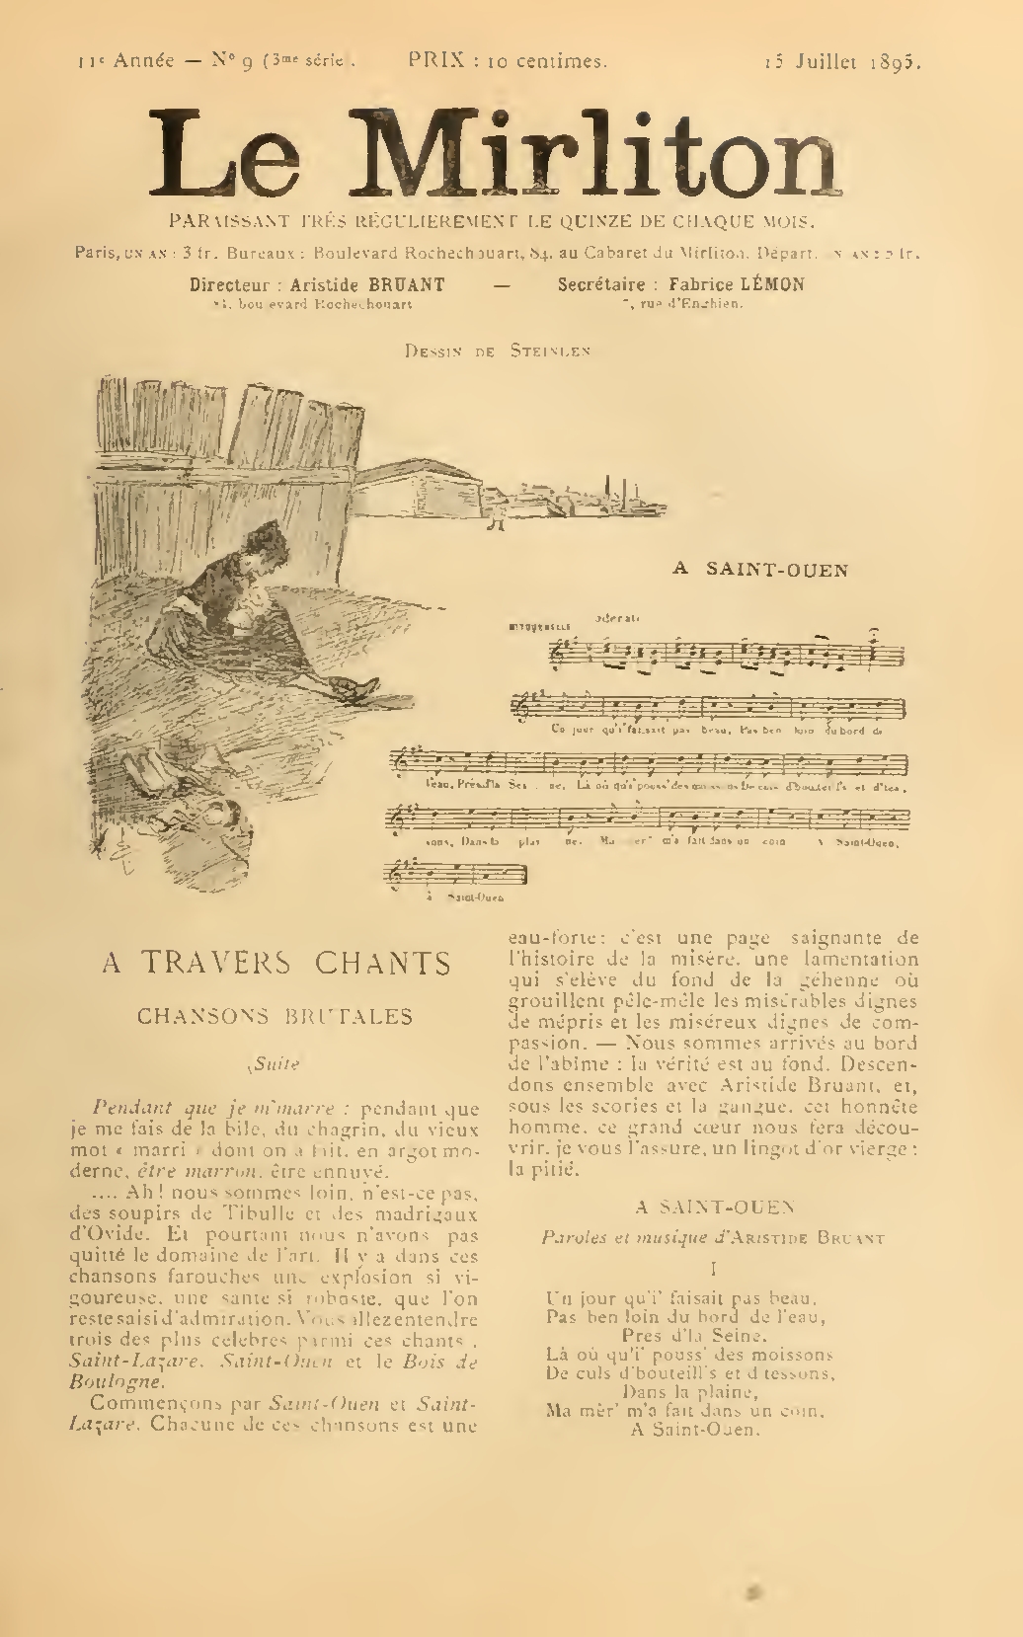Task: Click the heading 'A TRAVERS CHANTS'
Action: [276, 963]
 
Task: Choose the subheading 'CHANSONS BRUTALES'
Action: [275, 1015]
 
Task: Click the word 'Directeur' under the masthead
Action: [229, 284]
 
